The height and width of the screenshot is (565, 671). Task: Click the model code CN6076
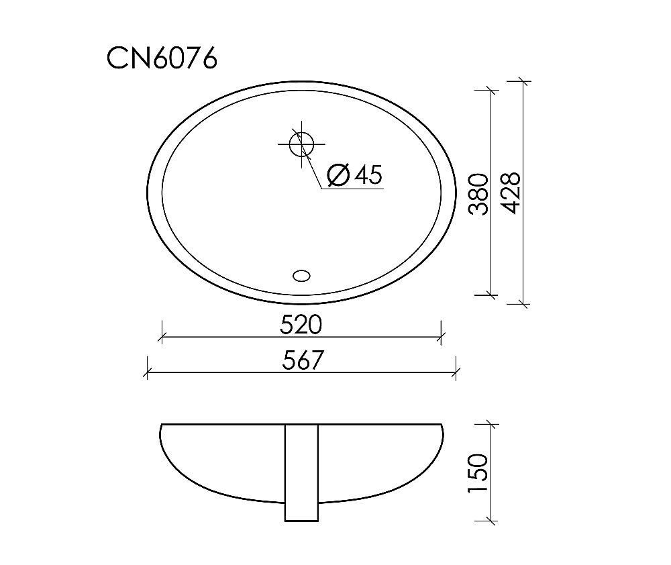tap(162, 59)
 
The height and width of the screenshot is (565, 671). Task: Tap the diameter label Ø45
tap(354, 175)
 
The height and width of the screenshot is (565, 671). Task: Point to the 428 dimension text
tap(511, 193)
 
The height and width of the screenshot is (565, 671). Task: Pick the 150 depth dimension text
tap(477, 474)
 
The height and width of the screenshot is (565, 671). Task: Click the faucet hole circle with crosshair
tap(302, 143)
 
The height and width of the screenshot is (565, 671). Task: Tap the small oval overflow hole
tap(302, 274)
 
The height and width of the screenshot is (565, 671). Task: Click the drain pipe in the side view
tap(302, 472)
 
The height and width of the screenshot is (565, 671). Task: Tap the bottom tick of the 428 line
tap(524, 305)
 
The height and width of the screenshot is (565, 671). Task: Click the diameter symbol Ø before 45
tap(338, 175)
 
